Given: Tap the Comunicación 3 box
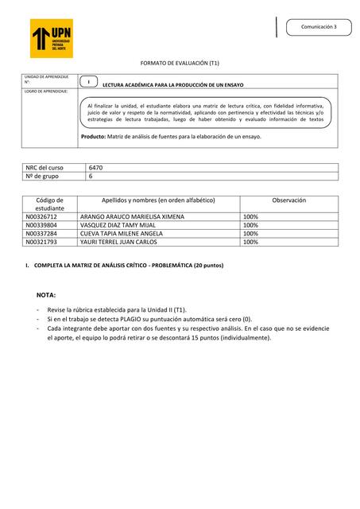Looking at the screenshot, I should coord(317,27).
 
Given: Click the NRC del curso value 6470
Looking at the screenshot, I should coord(96,168).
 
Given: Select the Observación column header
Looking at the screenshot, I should coord(288,200).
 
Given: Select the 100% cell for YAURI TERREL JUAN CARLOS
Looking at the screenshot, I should coord(250,243).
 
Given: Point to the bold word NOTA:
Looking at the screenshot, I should coord(46,294).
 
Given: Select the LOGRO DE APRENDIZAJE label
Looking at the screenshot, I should coord(45,91).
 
